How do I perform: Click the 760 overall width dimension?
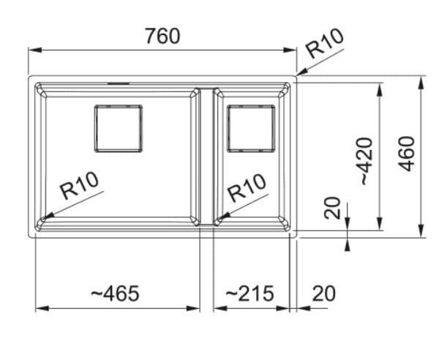tap(163, 36)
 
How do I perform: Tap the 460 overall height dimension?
tap(406, 154)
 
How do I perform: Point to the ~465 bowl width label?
tap(116, 293)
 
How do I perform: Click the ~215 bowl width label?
tap(249, 293)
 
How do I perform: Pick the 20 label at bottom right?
tap(323, 293)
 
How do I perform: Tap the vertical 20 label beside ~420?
tap(332, 208)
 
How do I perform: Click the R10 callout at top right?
tap(325, 43)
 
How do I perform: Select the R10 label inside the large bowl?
tap(80, 185)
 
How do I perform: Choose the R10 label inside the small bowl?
tap(247, 187)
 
